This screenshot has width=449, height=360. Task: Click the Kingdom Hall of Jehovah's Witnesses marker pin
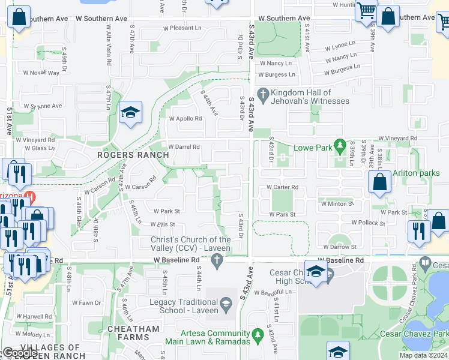pyautogui.click(x=262, y=94)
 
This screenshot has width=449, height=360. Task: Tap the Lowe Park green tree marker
pyautogui.click(x=340, y=145)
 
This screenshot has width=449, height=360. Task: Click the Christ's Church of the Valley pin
pyautogui.click(x=217, y=260)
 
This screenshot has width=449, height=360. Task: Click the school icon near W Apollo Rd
pyautogui.click(x=130, y=113)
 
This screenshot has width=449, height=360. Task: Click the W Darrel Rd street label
pyautogui.click(x=184, y=146)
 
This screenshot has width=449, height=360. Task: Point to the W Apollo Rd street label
pyautogui.click(x=185, y=118)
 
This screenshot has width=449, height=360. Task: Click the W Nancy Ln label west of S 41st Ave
pyautogui.click(x=276, y=63)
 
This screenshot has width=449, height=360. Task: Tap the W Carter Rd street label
pyautogui.click(x=282, y=187)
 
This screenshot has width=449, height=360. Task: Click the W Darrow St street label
pyautogui.click(x=340, y=247)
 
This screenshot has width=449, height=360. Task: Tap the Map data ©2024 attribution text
pyautogui.click(x=423, y=355)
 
